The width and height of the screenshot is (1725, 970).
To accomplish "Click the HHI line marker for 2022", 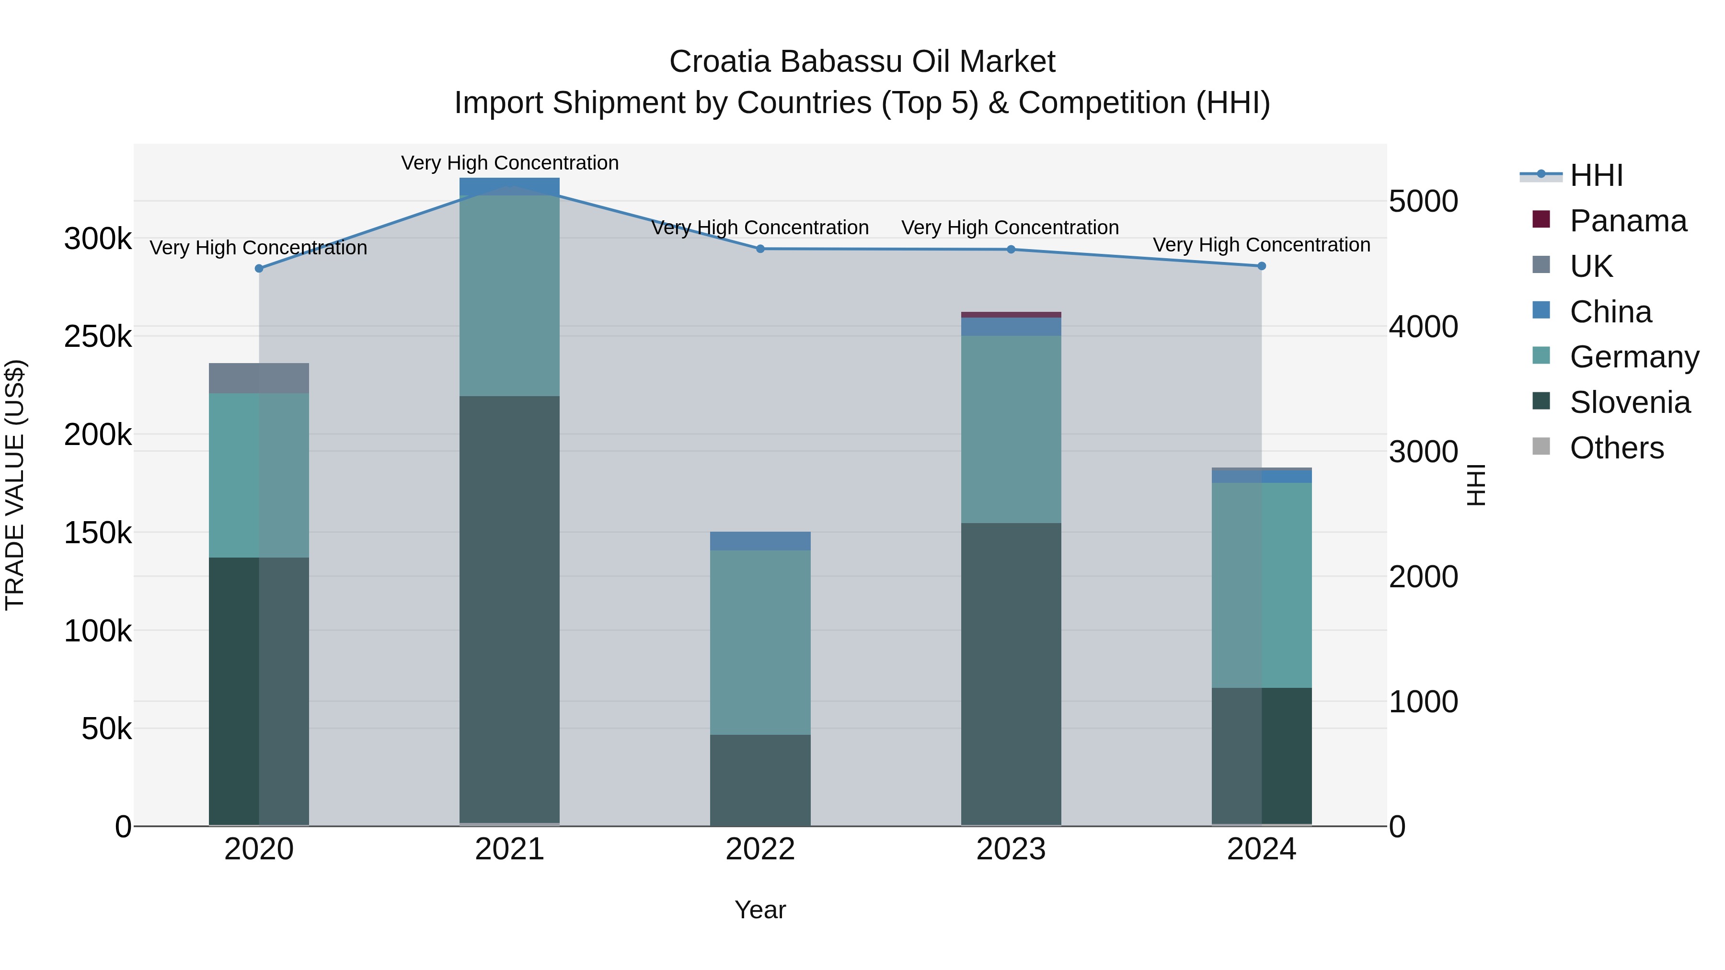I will click(x=760, y=249).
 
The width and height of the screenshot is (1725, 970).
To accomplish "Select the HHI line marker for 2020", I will click(x=259, y=268).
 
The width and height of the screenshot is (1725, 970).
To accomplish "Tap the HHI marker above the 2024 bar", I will click(x=1262, y=266).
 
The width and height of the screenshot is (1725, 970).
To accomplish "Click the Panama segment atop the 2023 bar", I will click(x=1011, y=315).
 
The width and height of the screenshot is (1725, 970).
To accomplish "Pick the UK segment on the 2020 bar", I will click(x=259, y=378).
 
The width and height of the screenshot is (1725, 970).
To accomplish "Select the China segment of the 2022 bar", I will click(x=760, y=541).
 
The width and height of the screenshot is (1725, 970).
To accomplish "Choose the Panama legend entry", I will click(x=1627, y=221).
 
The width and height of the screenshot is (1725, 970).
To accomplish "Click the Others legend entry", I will click(x=1616, y=448).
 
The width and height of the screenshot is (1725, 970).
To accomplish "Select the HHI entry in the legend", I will click(x=1596, y=175).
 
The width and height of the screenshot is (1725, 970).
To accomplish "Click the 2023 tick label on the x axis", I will click(x=1011, y=849).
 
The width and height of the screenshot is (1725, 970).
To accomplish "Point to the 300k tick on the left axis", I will click(x=98, y=239).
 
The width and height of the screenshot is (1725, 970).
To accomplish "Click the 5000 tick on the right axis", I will click(x=1423, y=202).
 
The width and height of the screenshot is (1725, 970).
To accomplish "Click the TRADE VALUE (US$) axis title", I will click(x=15, y=485).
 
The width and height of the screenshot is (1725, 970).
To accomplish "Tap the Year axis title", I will click(x=760, y=910).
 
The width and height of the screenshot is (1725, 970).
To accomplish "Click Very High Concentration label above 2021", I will click(x=510, y=163).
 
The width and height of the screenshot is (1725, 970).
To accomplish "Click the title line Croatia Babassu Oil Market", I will click(x=862, y=62).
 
